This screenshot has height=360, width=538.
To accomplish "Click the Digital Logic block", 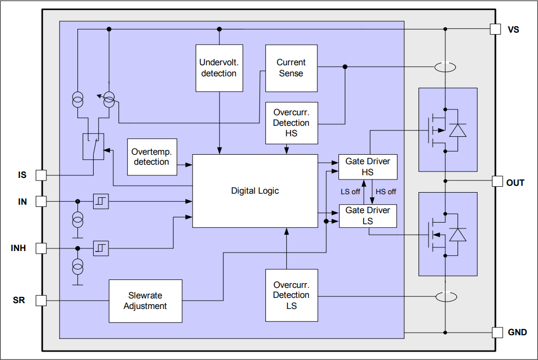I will click(x=255, y=191).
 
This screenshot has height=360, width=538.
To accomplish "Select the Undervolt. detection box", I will click(x=218, y=68).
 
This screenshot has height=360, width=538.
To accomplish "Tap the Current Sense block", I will click(x=291, y=68).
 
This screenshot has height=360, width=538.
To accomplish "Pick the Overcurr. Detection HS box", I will click(x=291, y=123).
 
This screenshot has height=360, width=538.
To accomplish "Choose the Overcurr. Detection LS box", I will click(x=291, y=295).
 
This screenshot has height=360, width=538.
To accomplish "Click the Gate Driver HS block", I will click(x=367, y=167).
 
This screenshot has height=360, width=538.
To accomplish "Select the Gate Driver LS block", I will click(x=367, y=216).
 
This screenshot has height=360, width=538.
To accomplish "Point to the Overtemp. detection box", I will click(x=152, y=157).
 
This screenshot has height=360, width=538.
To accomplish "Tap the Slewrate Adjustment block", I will click(x=145, y=301).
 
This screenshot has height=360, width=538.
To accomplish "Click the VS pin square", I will click(x=495, y=29).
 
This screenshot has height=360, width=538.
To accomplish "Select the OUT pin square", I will click(x=497, y=182).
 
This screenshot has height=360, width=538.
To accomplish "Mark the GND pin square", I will click(x=497, y=332).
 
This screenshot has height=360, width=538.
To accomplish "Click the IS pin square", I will click(x=41, y=175).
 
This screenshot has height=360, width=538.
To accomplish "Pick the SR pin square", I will click(x=41, y=301).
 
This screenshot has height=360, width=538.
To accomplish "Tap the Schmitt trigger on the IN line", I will click(x=101, y=201).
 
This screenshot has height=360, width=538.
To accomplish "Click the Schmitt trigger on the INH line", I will click(x=101, y=248).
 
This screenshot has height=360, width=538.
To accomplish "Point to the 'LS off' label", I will click(x=350, y=192).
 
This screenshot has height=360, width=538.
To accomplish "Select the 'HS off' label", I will click(x=386, y=192).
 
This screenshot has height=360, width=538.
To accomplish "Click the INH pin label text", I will click(x=18, y=248).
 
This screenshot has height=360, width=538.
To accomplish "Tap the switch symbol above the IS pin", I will click(x=94, y=146).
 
